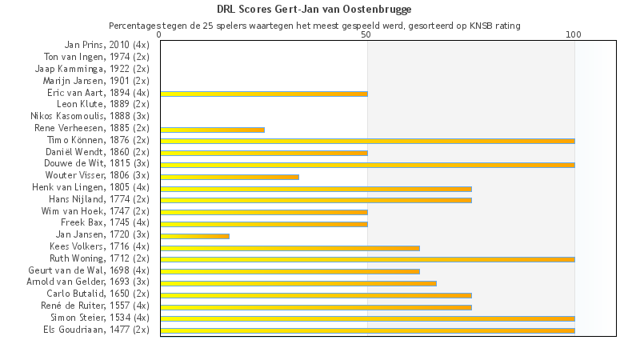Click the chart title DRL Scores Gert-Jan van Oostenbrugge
click(314, 10)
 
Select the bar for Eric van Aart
click(264, 94)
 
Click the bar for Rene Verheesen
click(212, 129)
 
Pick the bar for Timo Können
click(367, 141)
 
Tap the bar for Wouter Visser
click(230, 176)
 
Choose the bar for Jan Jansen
click(194, 236)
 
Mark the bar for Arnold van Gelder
click(298, 283)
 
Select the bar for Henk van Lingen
click(315, 188)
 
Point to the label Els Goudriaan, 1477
click(96, 329)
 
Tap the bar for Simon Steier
click(367, 318)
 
